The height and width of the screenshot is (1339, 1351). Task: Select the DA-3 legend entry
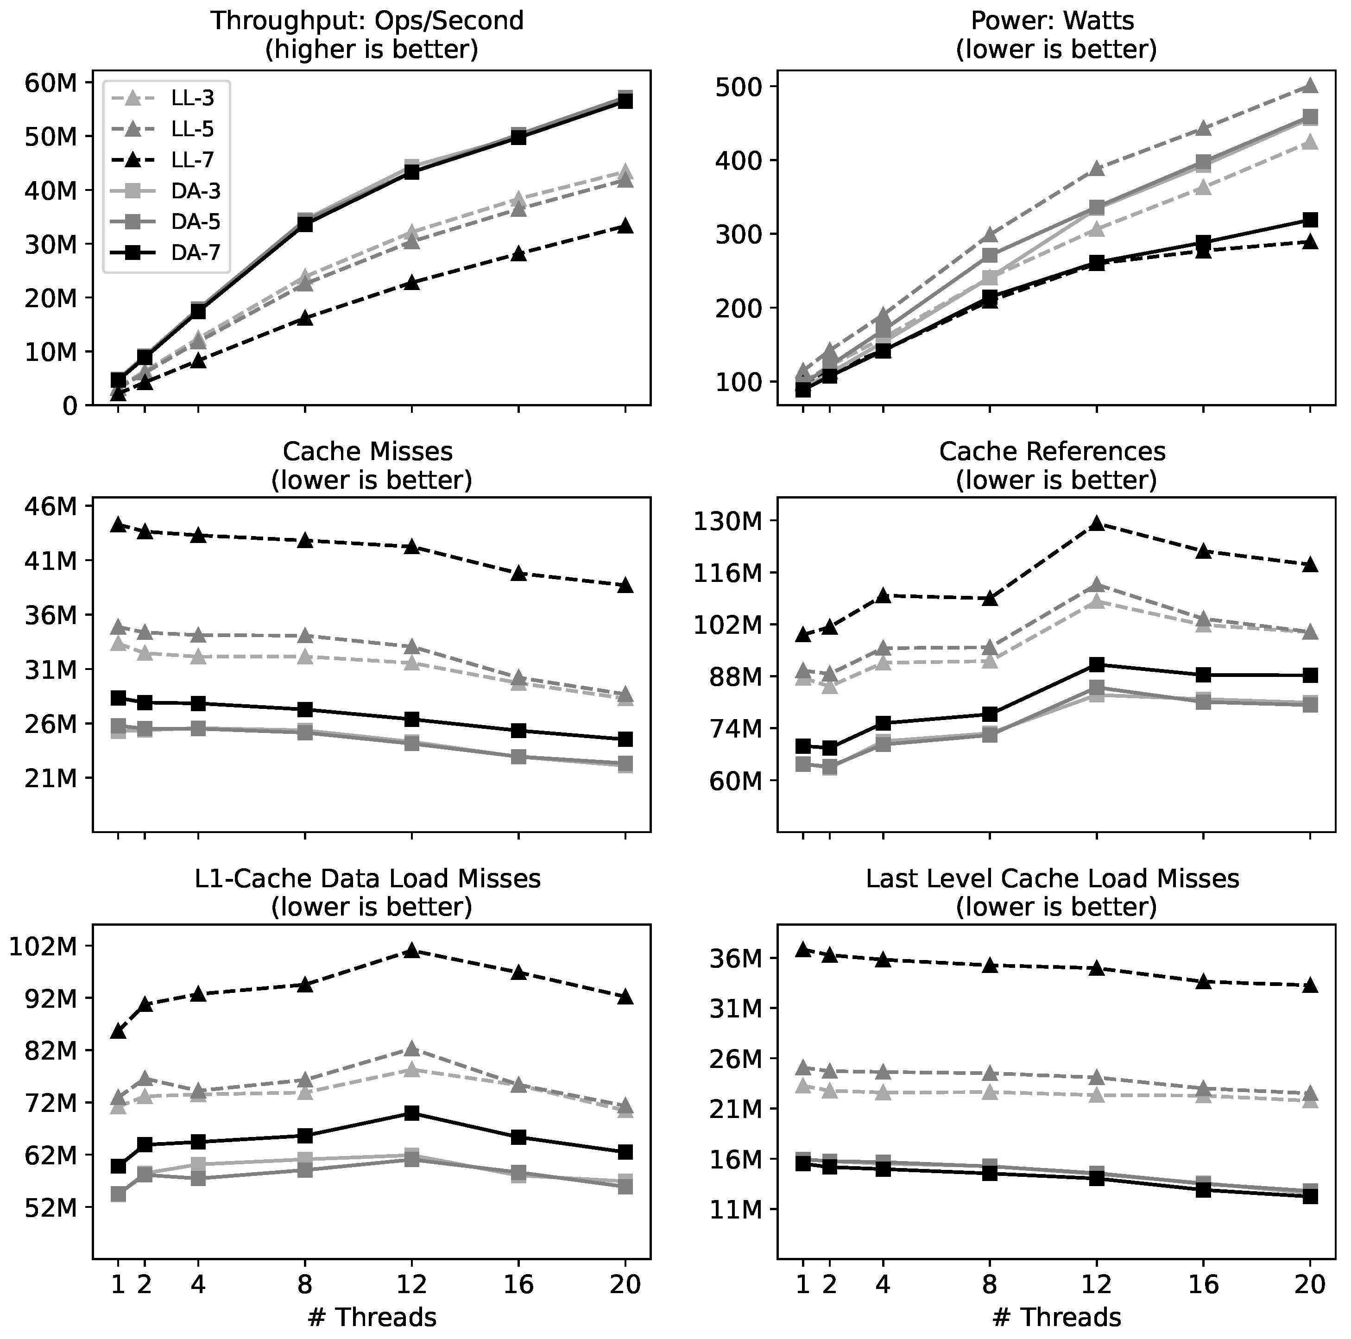tap(192, 190)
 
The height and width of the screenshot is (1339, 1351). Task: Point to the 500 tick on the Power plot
tap(740, 87)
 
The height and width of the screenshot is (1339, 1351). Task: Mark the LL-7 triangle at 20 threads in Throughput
tap(625, 226)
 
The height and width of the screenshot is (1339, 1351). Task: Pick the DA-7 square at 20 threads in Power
tap(1310, 220)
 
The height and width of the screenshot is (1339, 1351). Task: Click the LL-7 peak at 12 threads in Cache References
tap(1097, 523)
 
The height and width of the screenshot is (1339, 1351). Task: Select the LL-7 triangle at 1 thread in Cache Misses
tap(118, 524)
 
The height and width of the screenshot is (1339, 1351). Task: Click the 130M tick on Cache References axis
tap(731, 521)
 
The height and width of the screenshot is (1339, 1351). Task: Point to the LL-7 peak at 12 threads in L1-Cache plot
tap(411, 950)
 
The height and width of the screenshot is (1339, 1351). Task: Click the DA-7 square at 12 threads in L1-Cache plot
tap(411, 1113)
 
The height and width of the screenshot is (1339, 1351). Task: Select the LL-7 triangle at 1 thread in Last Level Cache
tap(803, 949)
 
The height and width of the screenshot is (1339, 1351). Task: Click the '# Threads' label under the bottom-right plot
tap(1056, 1317)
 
